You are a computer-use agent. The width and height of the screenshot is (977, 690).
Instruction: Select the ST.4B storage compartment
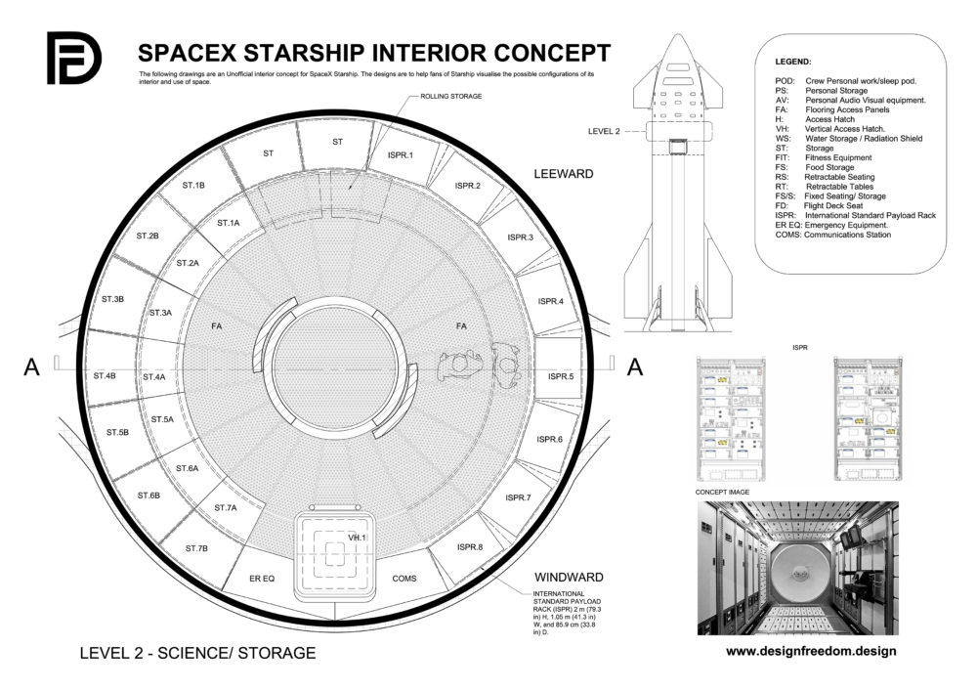(x=105, y=375)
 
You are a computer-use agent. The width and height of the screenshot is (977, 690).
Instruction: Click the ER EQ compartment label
(x=262, y=579)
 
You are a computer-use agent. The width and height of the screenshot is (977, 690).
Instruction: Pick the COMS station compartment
(x=404, y=579)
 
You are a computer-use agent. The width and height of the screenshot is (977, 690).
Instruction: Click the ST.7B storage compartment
(x=195, y=548)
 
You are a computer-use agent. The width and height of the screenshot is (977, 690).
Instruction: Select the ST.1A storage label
(x=228, y=223)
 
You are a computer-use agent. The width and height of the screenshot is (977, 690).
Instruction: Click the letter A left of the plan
(x=32, y=367)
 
